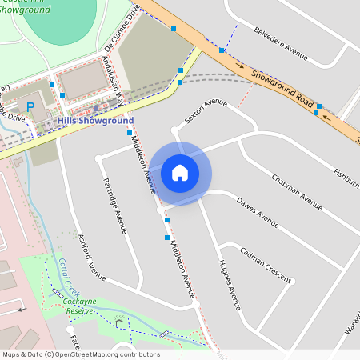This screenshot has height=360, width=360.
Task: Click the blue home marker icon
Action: pyautogui.click(x=180, y=172)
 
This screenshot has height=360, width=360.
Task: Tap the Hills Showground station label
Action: pyautogui.click(x=95, y=120)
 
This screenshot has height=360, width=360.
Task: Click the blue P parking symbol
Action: pyautogui.click(x=31, y=106)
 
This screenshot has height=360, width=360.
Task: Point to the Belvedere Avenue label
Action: pyautogui.click(x=281, y=44)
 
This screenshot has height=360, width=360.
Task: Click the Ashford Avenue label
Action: pyautogui.click(x=94, y=256)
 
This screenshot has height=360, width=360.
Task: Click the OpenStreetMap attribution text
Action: pyautogui.click(x=81, y=354)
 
